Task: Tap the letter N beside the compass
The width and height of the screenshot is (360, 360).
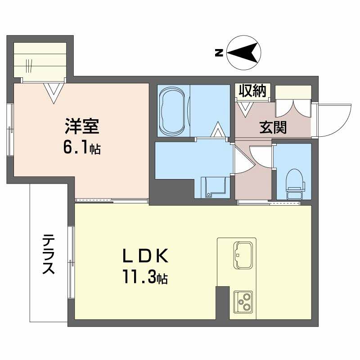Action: click(219, 53)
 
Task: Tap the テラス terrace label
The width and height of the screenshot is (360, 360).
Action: click(48, 254)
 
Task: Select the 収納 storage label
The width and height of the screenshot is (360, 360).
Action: click(251, 91)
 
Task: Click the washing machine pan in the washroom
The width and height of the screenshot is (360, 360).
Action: click(212, 187)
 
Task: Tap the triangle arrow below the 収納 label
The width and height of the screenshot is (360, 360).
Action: click(246, 108)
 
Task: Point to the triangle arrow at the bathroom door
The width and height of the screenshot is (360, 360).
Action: click(219, 130)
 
